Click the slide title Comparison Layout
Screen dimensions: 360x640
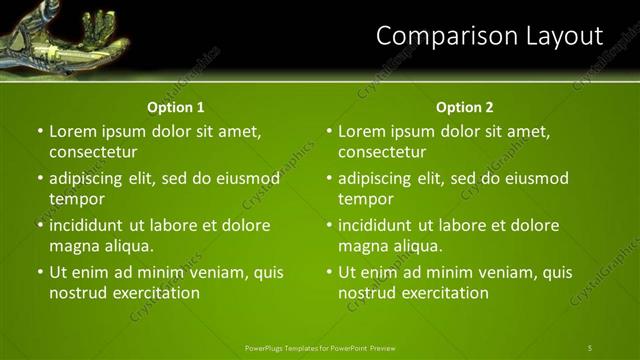[x=489, y=37]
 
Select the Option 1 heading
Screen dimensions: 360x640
[x=175, y=107]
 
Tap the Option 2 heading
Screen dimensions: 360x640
[x=464, y=107]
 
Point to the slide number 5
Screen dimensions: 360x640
[x=590, y=347]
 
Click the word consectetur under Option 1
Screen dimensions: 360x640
[x=93, y=152]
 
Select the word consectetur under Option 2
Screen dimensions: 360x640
[x=382, y=152]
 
